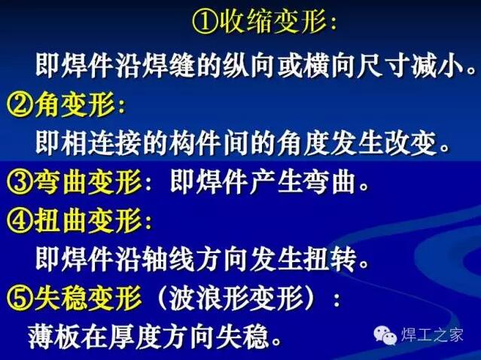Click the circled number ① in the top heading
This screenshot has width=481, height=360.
205,22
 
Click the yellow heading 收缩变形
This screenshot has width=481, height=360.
272,22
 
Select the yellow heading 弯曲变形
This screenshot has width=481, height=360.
88,182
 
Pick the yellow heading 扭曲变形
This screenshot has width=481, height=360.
88,221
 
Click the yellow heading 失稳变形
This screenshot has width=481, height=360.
88,297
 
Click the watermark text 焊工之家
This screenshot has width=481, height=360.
432,334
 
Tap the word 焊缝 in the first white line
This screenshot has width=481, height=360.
169,66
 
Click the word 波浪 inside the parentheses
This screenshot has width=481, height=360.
196,297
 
